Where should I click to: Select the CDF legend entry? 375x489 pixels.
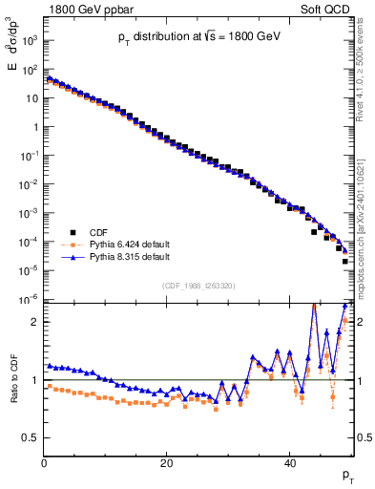[x=99, y=231]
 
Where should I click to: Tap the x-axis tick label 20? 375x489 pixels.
[x=166, y=463]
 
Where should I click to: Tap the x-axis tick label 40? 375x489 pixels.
[x=289, y=463]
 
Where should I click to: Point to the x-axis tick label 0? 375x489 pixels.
[x=44, y=463]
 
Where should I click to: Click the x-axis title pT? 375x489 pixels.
[x=347, y=475]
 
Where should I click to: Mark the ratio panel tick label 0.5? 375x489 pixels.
[x=30, y=437]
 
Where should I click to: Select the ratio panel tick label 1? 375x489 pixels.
[x=33, y=380]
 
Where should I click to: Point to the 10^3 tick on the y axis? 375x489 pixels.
[x=29, y=41]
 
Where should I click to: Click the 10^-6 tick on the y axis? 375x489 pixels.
[x=29, y=300]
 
